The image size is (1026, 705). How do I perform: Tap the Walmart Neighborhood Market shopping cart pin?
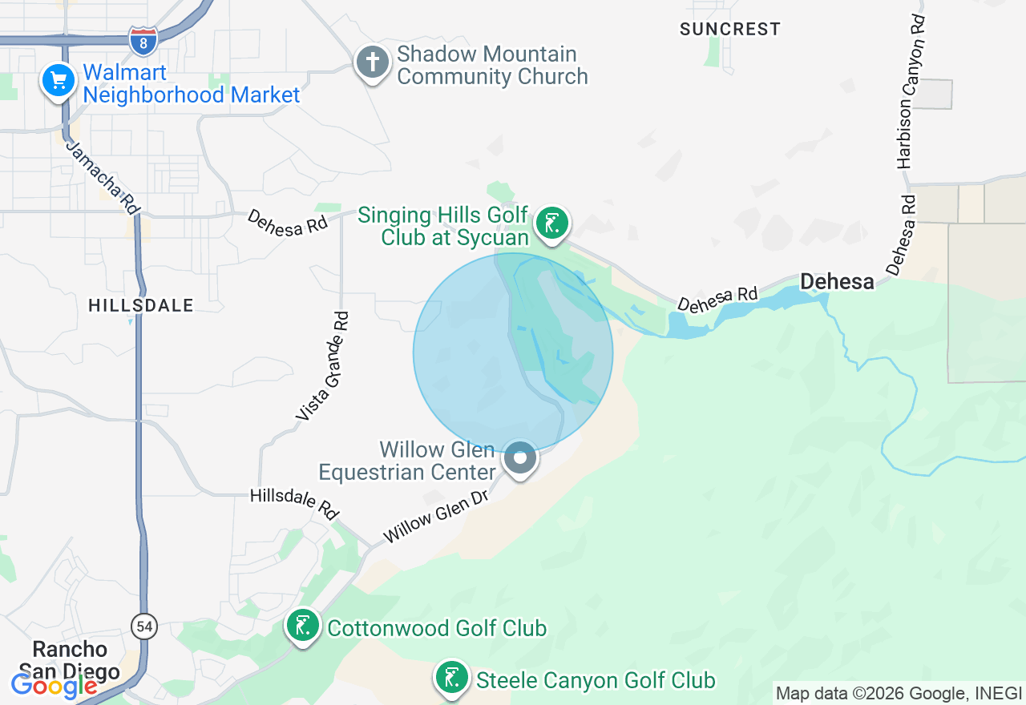[x=59, y=80]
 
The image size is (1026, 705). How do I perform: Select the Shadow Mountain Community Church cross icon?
[x=373, y=62]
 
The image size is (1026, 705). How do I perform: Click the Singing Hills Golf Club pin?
[x=551, y=223]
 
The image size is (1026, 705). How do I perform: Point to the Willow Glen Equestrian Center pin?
[x=520, y=458]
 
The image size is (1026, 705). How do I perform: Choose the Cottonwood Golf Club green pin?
[x=303, y=626]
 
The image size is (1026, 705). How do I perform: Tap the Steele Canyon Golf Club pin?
[x=451, y=678]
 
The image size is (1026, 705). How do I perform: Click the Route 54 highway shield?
[x=145, y=626]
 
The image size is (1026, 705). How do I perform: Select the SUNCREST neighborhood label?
[x=729, y=29]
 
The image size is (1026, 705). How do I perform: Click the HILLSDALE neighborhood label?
[x=141, y=305]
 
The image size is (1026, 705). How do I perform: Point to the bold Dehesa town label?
[x=837, y=281]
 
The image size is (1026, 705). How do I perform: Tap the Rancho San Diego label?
[x=71, y=659]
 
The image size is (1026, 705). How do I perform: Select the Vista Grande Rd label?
[x=323, y=366]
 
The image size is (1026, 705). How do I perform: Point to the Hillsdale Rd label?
[x=294, y=504]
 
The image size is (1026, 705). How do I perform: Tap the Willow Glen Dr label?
[x=435, y=516]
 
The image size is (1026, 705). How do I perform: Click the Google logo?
[x=53, y=685]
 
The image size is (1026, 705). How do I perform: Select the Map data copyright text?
[x=899, y=693]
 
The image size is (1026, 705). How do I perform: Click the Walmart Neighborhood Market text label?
[x=191, y=83]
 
